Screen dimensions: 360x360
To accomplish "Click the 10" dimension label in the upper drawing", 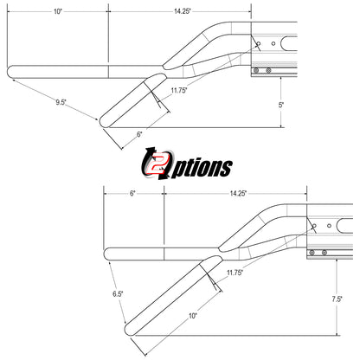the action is coord(58,11).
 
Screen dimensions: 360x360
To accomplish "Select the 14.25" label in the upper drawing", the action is coord(183,11).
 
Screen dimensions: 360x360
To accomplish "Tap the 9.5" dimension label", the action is coord(61,102).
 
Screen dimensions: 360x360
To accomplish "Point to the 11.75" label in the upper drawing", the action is coord(179,90).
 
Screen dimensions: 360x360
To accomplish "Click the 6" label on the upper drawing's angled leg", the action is coord(139,134).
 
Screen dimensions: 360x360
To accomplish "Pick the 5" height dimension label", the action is coord(281,105).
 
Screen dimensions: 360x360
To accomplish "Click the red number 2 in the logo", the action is coord(157,165).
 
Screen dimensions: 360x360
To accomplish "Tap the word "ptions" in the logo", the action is coord(202,168).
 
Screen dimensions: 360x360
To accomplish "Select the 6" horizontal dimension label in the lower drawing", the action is coord(132,193).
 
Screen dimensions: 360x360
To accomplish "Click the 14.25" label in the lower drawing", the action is coord(238,193).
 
